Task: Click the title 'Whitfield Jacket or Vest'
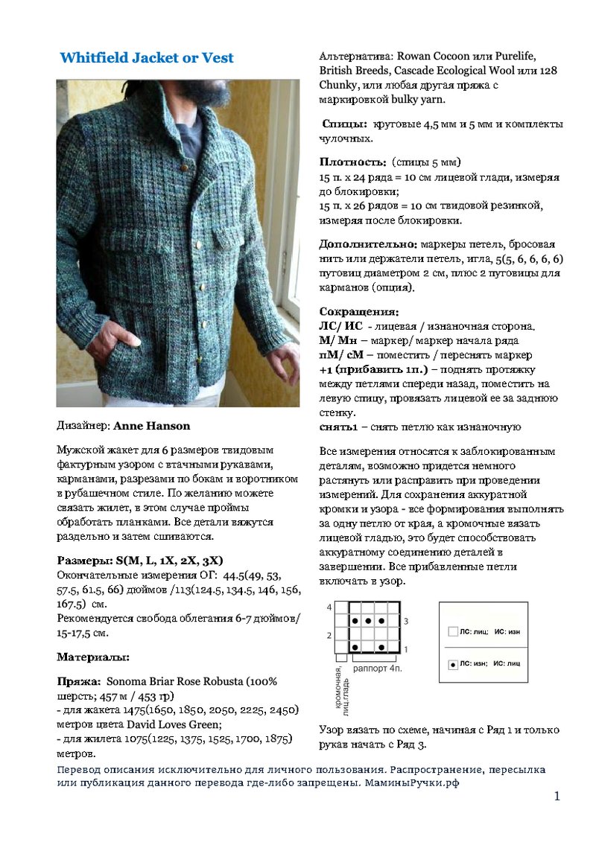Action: [146, 57]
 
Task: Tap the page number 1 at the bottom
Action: [557, 797]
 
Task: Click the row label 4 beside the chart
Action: [329, 607]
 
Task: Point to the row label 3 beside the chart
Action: [405, 620]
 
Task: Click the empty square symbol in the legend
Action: [452, 631]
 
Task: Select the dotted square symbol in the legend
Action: [452, 663]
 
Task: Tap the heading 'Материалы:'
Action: [93, 657]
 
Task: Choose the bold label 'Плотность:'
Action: [352, 162]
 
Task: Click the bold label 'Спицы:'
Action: [344, 124]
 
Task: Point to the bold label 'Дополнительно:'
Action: [368, 243]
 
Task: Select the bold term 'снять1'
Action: [340, 427]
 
